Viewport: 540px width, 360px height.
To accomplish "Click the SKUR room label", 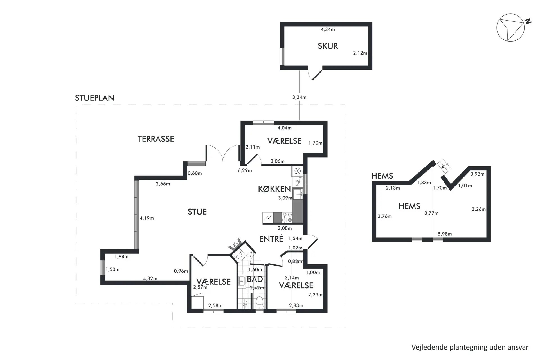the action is [328, 46].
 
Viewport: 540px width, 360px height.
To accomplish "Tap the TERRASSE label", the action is [156, 139].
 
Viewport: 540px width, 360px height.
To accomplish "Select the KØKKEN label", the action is [274, 189].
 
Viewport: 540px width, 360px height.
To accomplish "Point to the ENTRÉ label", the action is [271, 239].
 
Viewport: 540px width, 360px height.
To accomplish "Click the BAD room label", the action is [255, 279].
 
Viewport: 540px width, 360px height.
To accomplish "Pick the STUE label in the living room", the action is [197, 212].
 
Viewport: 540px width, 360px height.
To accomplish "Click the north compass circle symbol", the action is [510, 28].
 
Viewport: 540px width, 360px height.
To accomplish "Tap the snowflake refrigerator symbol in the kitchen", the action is [298, 171].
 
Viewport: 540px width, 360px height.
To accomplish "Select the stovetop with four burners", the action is [287, 217].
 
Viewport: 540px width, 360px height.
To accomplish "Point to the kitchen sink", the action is [298, 194].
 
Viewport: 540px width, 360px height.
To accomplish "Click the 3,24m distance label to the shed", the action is [299, 97].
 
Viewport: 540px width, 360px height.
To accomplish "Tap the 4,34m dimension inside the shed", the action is [328, 29].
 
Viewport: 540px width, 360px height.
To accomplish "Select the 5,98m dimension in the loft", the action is [445, 234].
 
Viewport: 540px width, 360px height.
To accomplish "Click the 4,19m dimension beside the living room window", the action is [147, 218].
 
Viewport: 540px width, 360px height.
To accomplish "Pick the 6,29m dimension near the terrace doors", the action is [245, 170].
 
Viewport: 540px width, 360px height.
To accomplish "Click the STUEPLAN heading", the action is [94, 98].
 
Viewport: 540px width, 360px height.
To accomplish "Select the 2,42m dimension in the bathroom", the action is [257, 288].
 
